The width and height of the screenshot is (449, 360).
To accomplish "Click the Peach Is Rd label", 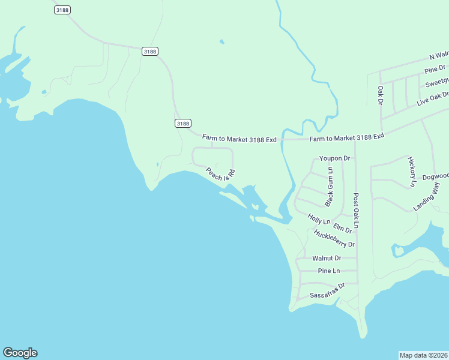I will (x=220, y=174).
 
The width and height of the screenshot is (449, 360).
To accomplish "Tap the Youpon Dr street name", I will (x=334, y=158).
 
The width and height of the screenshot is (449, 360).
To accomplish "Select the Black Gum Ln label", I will (x=329, y=187).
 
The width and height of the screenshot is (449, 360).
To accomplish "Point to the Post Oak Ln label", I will (x=356, y=210).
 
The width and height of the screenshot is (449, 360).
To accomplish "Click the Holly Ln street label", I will (x=319, y=220).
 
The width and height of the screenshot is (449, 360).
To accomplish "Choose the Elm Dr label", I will (x=342, y=228).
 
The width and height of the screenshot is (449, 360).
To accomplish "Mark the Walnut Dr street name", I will (x=327, y=258).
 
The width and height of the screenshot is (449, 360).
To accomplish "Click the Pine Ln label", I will (x=328, y=271).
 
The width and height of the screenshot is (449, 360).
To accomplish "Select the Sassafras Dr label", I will (x=327, y=291).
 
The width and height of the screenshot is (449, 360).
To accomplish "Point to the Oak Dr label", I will (x=380, y=95).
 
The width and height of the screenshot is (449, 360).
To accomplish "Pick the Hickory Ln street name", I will (x=412, y=172).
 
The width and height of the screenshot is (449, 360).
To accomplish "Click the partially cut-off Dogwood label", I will (x=435, y=176).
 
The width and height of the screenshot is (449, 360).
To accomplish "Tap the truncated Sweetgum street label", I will (x=437, y=82).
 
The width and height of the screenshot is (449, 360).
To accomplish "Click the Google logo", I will (x=20, y=353).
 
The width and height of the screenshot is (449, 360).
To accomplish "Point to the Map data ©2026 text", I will (x=424, y=355).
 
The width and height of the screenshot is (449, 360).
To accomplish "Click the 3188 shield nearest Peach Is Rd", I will (x=183, y=123).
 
